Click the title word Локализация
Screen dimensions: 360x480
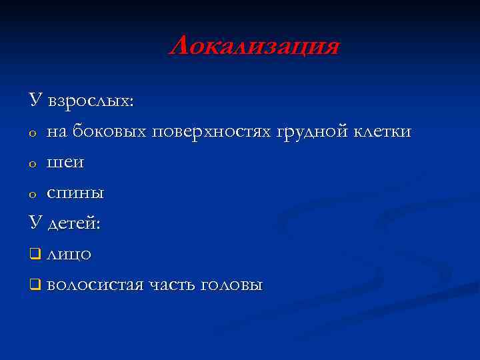[254, 47]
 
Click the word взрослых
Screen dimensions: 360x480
[91, 102]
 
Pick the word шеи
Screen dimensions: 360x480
[65, 163]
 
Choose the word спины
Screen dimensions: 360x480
[75, 193]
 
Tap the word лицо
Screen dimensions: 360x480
[69, 254]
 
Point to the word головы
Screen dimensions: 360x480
[233, 285]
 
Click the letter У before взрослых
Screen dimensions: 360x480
[36, 101]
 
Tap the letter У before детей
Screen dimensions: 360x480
[36, 223]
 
